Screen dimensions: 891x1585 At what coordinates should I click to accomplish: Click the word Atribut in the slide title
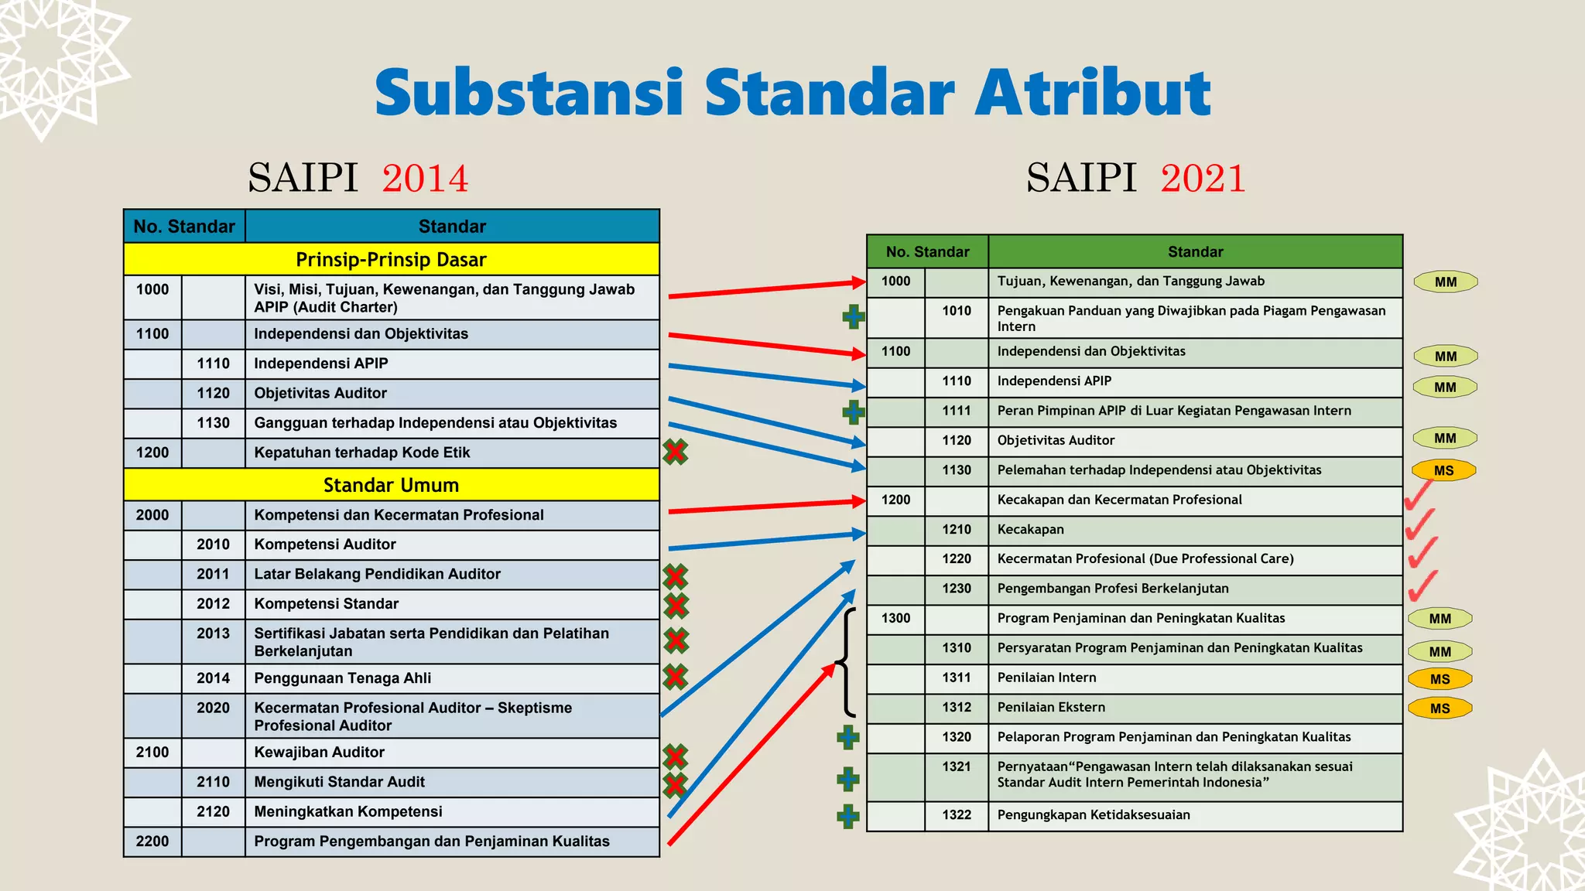(1092, 93)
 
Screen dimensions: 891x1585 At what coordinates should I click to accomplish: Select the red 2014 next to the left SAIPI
(425, 178)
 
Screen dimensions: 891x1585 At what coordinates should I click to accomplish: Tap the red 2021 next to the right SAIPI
(1203, 178)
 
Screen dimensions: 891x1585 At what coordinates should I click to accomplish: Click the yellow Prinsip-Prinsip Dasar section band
(391, 260)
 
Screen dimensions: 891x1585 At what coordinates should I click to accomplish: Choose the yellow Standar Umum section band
(391, 485)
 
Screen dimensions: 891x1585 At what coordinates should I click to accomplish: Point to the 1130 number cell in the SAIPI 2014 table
(213, 423)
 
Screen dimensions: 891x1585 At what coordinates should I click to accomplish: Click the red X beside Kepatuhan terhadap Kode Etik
(676, 452)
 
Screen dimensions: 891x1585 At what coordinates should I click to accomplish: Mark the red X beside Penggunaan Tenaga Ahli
(676, 677)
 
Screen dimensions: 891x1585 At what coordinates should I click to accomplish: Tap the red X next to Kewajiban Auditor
(676, 756)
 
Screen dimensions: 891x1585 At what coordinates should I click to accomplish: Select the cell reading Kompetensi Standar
(327, 604)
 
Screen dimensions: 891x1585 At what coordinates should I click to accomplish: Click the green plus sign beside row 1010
(854, 316)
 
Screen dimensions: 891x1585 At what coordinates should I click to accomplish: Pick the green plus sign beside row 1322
(848, 816)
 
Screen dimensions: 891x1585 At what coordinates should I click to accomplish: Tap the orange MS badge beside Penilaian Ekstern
(1440, 708)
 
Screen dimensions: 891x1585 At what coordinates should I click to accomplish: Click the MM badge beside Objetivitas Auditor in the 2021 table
(1445, 439)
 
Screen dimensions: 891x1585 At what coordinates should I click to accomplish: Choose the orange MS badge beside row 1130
(1443, 470)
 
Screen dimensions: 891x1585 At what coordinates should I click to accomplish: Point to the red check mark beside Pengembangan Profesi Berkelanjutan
(1422, 586)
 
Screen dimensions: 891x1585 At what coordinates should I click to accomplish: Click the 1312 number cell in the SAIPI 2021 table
(957, 708)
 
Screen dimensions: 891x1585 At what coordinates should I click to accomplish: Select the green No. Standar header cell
(927, 252)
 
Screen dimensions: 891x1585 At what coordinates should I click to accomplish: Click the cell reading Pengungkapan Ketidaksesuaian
(1094, 815)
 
